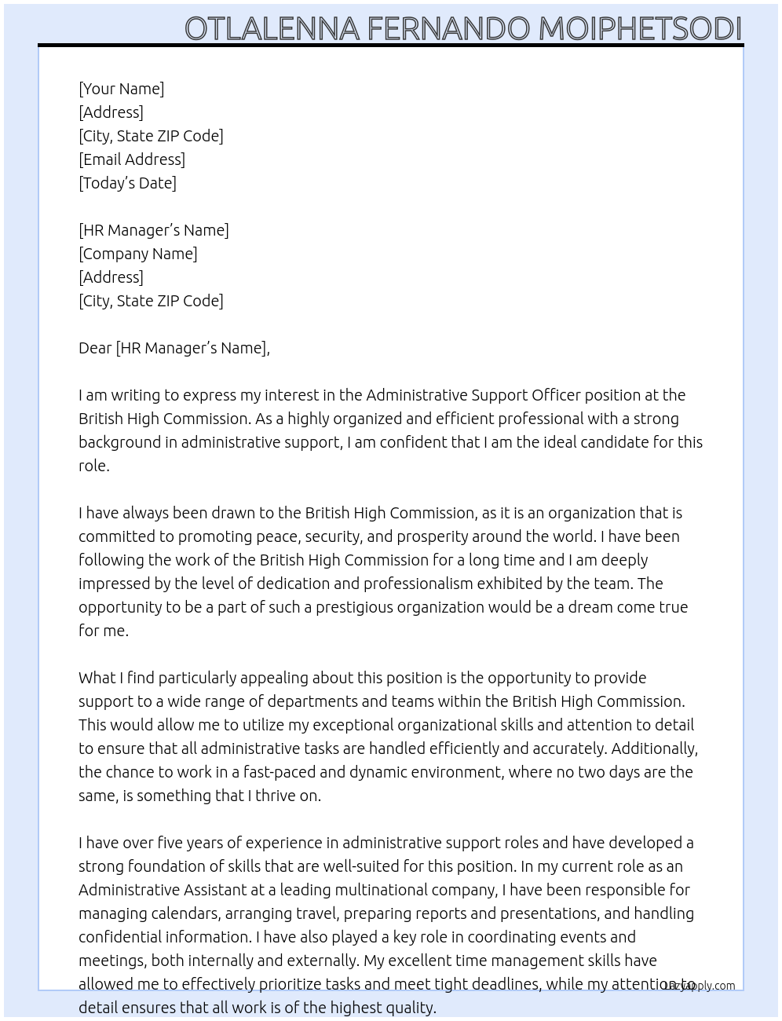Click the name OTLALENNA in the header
[x=272, y=28]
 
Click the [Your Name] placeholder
[x=122, y=89]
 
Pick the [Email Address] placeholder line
[x=132, y=159]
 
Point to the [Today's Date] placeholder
[x=127, y=183]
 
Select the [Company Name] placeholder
[x=138, y=254]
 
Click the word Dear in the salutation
[x=95, y=348]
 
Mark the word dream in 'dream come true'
[x=590, y=607]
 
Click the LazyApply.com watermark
[x=699, y=986]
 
